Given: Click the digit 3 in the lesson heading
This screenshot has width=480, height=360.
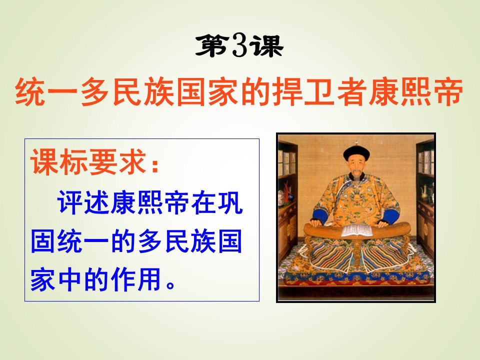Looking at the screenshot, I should pos(240,47).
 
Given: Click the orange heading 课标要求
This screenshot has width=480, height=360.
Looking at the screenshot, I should pos(87,163).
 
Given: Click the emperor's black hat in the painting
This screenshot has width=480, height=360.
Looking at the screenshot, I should pos(356,152).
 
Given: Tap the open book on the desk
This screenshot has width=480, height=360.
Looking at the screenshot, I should pos(355,230).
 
